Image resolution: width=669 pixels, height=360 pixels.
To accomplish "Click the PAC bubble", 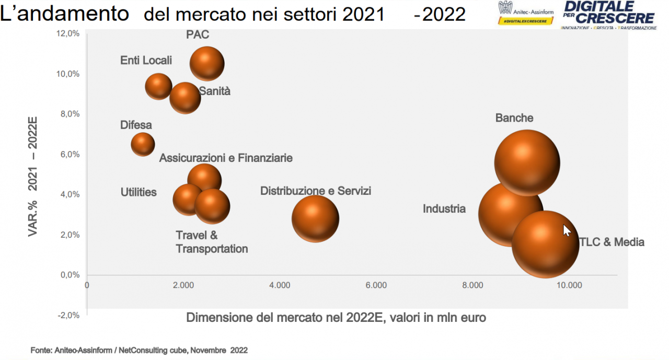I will tap(207, 64).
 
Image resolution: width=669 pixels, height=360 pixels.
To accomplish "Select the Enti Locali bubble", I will tap(158, 87).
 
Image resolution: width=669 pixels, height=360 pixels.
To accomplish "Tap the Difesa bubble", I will tap(143, 144).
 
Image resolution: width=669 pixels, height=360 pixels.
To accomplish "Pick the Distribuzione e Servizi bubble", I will tap(315, 218).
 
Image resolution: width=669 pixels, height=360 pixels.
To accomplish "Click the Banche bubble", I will tap(527, 162).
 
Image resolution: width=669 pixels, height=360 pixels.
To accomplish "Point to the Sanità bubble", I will tap(185, 98).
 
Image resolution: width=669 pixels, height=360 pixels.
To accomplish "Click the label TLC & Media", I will tap(612, 242).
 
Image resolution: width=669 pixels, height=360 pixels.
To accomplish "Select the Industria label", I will tap(444, 209).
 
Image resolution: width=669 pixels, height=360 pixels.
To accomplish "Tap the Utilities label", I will tap(139, 192).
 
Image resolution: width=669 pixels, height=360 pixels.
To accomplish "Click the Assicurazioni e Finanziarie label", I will tap(226, 158).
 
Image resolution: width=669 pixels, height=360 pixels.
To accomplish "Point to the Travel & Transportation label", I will tap(212, 242).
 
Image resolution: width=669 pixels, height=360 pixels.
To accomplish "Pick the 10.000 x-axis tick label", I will tap(569, 285).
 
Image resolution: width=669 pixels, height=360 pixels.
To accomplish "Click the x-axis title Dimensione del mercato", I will tap(336, 317).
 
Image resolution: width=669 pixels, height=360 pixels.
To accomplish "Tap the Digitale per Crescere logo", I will tap(608, 15).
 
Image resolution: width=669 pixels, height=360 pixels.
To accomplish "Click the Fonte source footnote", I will tap(139, 350).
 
